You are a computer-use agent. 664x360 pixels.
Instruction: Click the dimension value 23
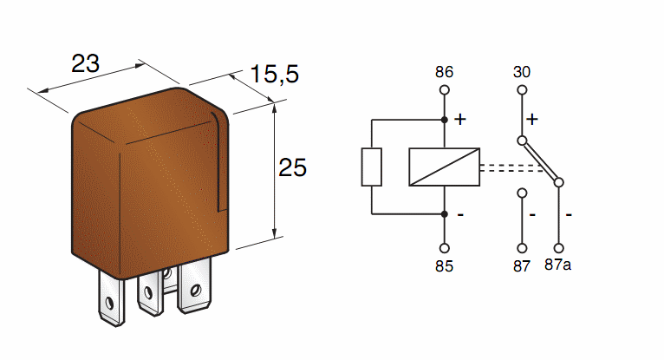(85, 63)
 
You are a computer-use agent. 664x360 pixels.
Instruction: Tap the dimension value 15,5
(275, 75)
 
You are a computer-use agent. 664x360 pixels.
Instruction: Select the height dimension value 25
(293, 167)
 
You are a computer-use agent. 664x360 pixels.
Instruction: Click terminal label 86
(444, 71)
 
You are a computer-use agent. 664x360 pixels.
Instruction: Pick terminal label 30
(522, 71)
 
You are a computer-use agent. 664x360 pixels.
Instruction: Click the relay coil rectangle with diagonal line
(444, 167)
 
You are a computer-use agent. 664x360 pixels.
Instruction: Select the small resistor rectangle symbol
(371, 167)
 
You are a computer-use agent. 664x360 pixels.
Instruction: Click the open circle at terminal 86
(444, 89)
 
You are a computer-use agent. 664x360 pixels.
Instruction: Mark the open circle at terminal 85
(444, 245)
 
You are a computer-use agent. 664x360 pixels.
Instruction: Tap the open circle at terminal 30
(522, 89)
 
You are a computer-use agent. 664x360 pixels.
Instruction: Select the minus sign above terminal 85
(459, 214)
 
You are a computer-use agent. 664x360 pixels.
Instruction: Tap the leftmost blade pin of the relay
(110, 298)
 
